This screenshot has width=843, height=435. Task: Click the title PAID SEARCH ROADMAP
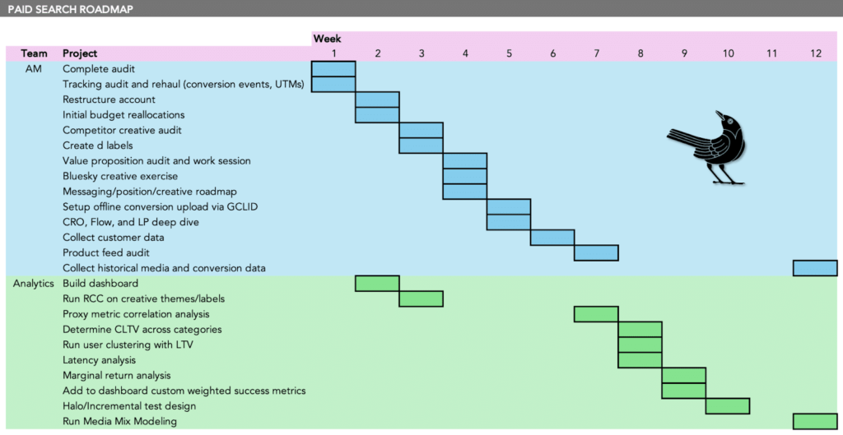click(71, 9)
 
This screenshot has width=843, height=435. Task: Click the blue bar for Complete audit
click(333, 69)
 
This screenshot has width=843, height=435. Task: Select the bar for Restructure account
click(377, 99)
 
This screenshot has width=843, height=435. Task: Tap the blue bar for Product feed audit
click(596, 252)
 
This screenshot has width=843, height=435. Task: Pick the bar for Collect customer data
click(552, 238)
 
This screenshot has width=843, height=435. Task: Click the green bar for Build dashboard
click(377, 283)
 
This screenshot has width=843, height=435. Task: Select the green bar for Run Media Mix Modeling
click(815, 421)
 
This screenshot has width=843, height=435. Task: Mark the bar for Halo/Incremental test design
click(728, 406)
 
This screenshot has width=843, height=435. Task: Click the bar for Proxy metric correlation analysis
click(596, 313)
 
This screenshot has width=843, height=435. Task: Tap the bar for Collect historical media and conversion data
click(815, 268)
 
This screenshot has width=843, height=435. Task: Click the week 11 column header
click(771, 53)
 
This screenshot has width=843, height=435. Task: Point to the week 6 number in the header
click(552, 53)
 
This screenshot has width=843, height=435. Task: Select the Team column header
click(34, 53)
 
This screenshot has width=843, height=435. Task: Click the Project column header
click(80, 53)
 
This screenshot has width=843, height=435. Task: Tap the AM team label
click(32, 69)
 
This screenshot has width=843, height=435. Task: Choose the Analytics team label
click(34, 284)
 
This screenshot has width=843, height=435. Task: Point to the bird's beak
click(719, 113)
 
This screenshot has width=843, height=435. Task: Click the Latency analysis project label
click(100, 360)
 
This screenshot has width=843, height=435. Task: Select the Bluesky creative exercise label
click(120, 176)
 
